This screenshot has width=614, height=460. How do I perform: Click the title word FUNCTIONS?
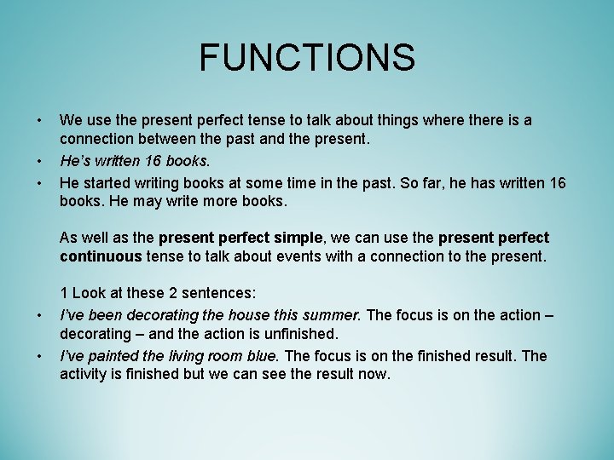pos(307,58)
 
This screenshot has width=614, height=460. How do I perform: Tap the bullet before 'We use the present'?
pos(39,120)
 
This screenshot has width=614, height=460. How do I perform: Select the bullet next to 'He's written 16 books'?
pos(39,161)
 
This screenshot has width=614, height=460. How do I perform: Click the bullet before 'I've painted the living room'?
pos(39,355)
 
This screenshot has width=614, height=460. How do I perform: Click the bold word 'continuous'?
pos(101,257)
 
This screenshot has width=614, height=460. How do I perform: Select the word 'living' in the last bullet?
pos(188,355)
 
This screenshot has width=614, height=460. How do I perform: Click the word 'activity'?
pos(87,375)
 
